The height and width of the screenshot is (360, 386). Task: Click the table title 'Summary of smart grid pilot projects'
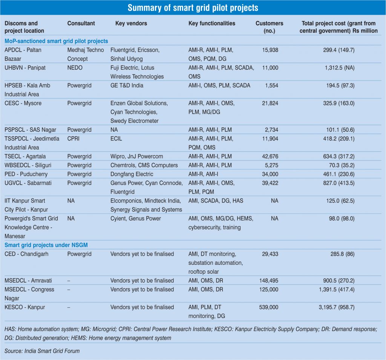(x=193, y=8)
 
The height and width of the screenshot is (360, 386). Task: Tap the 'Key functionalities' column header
(x=211, y=23)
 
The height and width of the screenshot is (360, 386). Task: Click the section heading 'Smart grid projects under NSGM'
(x=46, y=245)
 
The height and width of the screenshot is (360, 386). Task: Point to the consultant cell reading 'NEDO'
(x=75, y=68)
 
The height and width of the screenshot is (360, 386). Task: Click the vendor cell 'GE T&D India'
(x=127, y=85)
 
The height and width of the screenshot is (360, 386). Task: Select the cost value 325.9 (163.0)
(x=339, y=103)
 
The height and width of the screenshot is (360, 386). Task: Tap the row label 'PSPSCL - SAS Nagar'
(x=29, y=130)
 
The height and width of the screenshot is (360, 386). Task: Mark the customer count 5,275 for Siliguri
(x=270, y=165)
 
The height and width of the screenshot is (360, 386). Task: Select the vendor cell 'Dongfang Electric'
(x=132, y=174)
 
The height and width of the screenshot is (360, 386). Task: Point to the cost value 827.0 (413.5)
(x=339, y=183)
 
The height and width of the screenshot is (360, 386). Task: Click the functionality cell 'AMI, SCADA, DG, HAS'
(x=216, y=201)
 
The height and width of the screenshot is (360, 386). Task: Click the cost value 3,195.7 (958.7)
(x=335, y=307)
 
